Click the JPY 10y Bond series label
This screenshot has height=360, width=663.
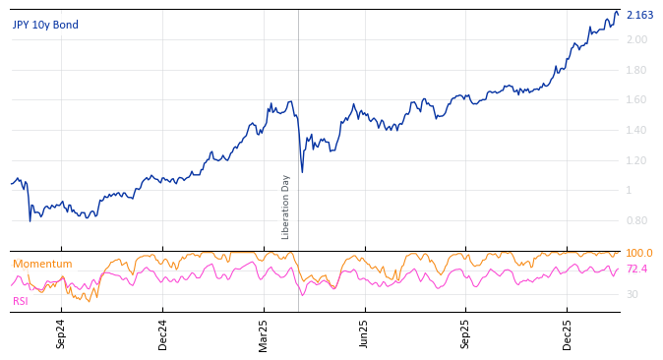click(x=45, y=25)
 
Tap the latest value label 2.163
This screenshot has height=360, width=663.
click(x=639, y=15)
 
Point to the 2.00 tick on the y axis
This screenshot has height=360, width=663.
click(x=636, y=39)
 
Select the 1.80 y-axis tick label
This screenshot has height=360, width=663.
click(x=636, y=70)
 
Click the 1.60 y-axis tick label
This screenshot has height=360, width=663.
click(x=636, y=99)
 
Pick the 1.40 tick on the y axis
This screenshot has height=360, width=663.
click(x=636, y=130)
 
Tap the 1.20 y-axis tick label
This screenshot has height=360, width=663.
click(x=636, y=160)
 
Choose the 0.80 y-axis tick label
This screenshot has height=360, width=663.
click(x=636, y=220)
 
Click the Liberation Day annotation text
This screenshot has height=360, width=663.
click(x=286, y=207)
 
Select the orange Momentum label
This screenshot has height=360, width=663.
click(x=42, y=264)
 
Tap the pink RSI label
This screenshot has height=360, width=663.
click(x=21, y=301)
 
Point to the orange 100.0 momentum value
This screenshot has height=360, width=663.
click(x=639, y=254)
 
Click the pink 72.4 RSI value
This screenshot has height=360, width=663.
click(x=637, y=269)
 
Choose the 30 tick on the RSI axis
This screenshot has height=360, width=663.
click(x=633, y=294)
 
